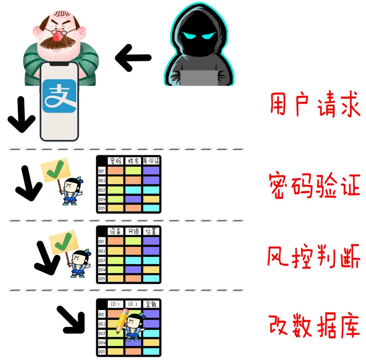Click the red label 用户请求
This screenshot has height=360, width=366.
click(314, 106)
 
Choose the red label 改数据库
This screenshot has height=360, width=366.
click(314, 326)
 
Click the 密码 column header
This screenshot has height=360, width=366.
click(115, 161)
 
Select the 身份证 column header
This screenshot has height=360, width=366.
click(151, 161)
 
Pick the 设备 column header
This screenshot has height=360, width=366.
click(115, 231)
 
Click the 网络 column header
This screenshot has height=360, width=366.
click(133, 231)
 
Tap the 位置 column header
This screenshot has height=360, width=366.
click(151, 231)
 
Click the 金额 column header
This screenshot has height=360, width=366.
click(151, 304)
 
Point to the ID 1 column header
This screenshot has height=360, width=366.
click(115, 304)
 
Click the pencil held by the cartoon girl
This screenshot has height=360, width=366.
click(122, 321)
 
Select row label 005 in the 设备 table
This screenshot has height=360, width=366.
click(102, 278)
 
